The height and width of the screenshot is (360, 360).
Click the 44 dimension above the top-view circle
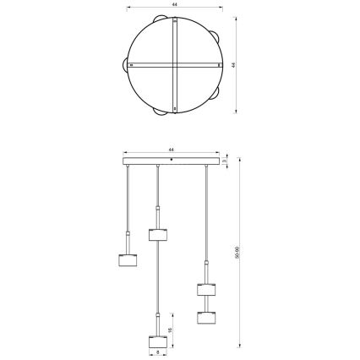(x=173, y=5)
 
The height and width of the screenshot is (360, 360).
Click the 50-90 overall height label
(x=237, y=252)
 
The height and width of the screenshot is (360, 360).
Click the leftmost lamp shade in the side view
(x=127, y=258)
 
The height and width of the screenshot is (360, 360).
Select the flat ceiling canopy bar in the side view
(x=173, y=160)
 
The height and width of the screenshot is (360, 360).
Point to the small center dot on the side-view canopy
(x=173, y=159)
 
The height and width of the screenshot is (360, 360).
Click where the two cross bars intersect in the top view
(x=173, y=64)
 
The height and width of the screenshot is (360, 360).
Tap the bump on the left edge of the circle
(x=127, y=64)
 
